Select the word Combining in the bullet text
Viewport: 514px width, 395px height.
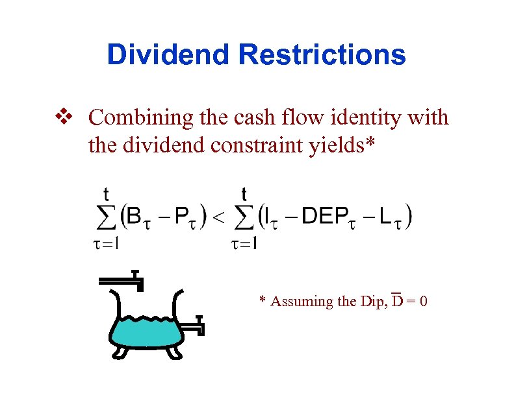[133, 119]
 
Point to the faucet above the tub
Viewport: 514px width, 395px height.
[123, 280]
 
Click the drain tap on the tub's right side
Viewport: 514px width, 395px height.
[194, 326]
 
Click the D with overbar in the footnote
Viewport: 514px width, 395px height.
[398, 301]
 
